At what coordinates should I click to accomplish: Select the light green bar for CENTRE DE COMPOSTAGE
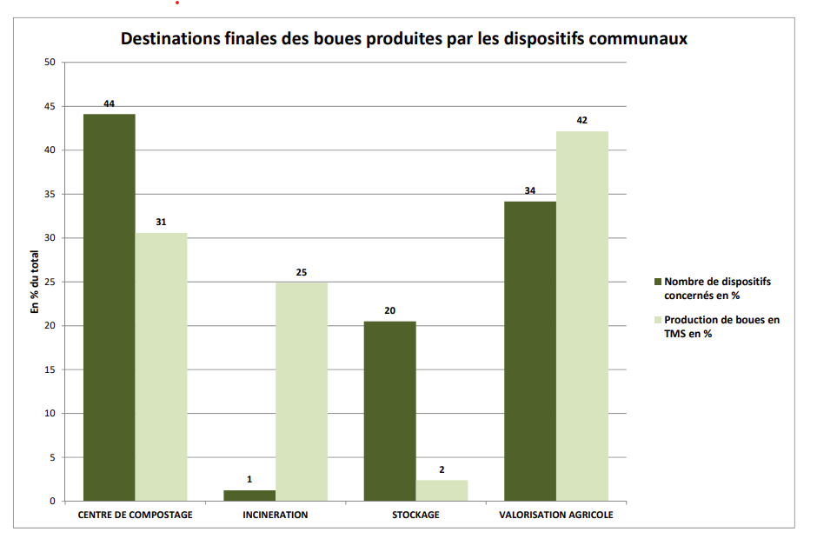click(161, 367)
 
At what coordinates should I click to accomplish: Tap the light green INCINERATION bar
click(302, 391)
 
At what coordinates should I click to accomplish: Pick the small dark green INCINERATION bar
click(249, 495)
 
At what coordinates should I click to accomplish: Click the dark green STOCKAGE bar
click(389, 411)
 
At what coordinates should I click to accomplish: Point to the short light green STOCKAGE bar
click(442, 490)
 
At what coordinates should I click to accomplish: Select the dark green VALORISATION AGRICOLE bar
click(529, 351)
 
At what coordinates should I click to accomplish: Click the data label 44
click(109, 103)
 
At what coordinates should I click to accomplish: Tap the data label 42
click(582, 120)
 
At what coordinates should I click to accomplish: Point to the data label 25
click(302, 272)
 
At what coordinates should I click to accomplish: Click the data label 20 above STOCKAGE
click(389, 310)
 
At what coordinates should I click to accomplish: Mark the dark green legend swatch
click(657, 282)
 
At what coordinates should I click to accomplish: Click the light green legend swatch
click(657, 320)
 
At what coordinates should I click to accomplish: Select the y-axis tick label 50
click(49, 63)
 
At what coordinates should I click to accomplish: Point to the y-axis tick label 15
click(49, 369)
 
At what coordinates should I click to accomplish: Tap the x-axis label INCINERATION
click(276, 515)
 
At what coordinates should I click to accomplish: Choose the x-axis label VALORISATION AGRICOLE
click(555, 515)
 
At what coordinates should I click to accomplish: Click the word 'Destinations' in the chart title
click(167, 39)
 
